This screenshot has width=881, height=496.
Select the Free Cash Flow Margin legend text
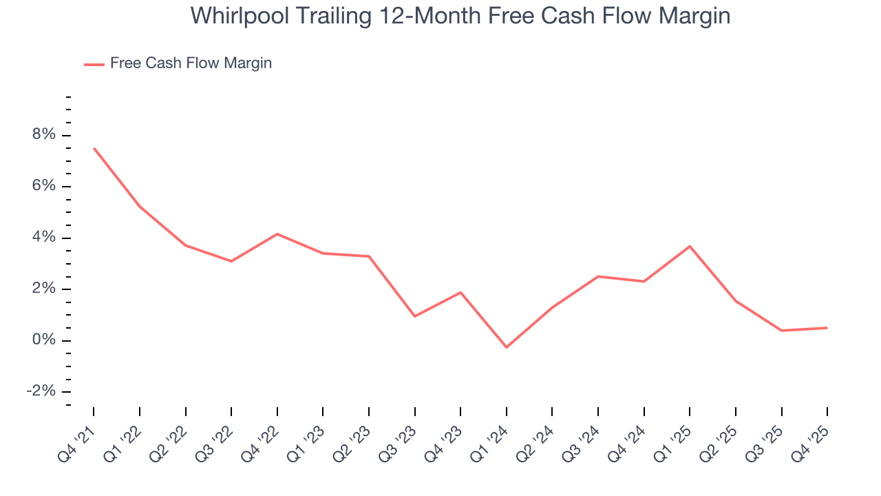click(191, 63)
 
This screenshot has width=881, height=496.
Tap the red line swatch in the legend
click(94, 64)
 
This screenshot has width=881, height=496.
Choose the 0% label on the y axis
click(43, 340)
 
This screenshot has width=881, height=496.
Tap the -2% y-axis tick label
click(40, 391)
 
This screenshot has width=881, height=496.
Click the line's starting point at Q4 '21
click(94, 148)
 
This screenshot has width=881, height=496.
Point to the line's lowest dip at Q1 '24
click(507, 347)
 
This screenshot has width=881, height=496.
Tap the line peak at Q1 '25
click(690, 246)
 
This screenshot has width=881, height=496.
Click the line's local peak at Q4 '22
click(277, 234)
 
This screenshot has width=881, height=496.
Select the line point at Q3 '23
click(415, 316)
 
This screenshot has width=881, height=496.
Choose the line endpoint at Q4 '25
click(827, 328)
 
